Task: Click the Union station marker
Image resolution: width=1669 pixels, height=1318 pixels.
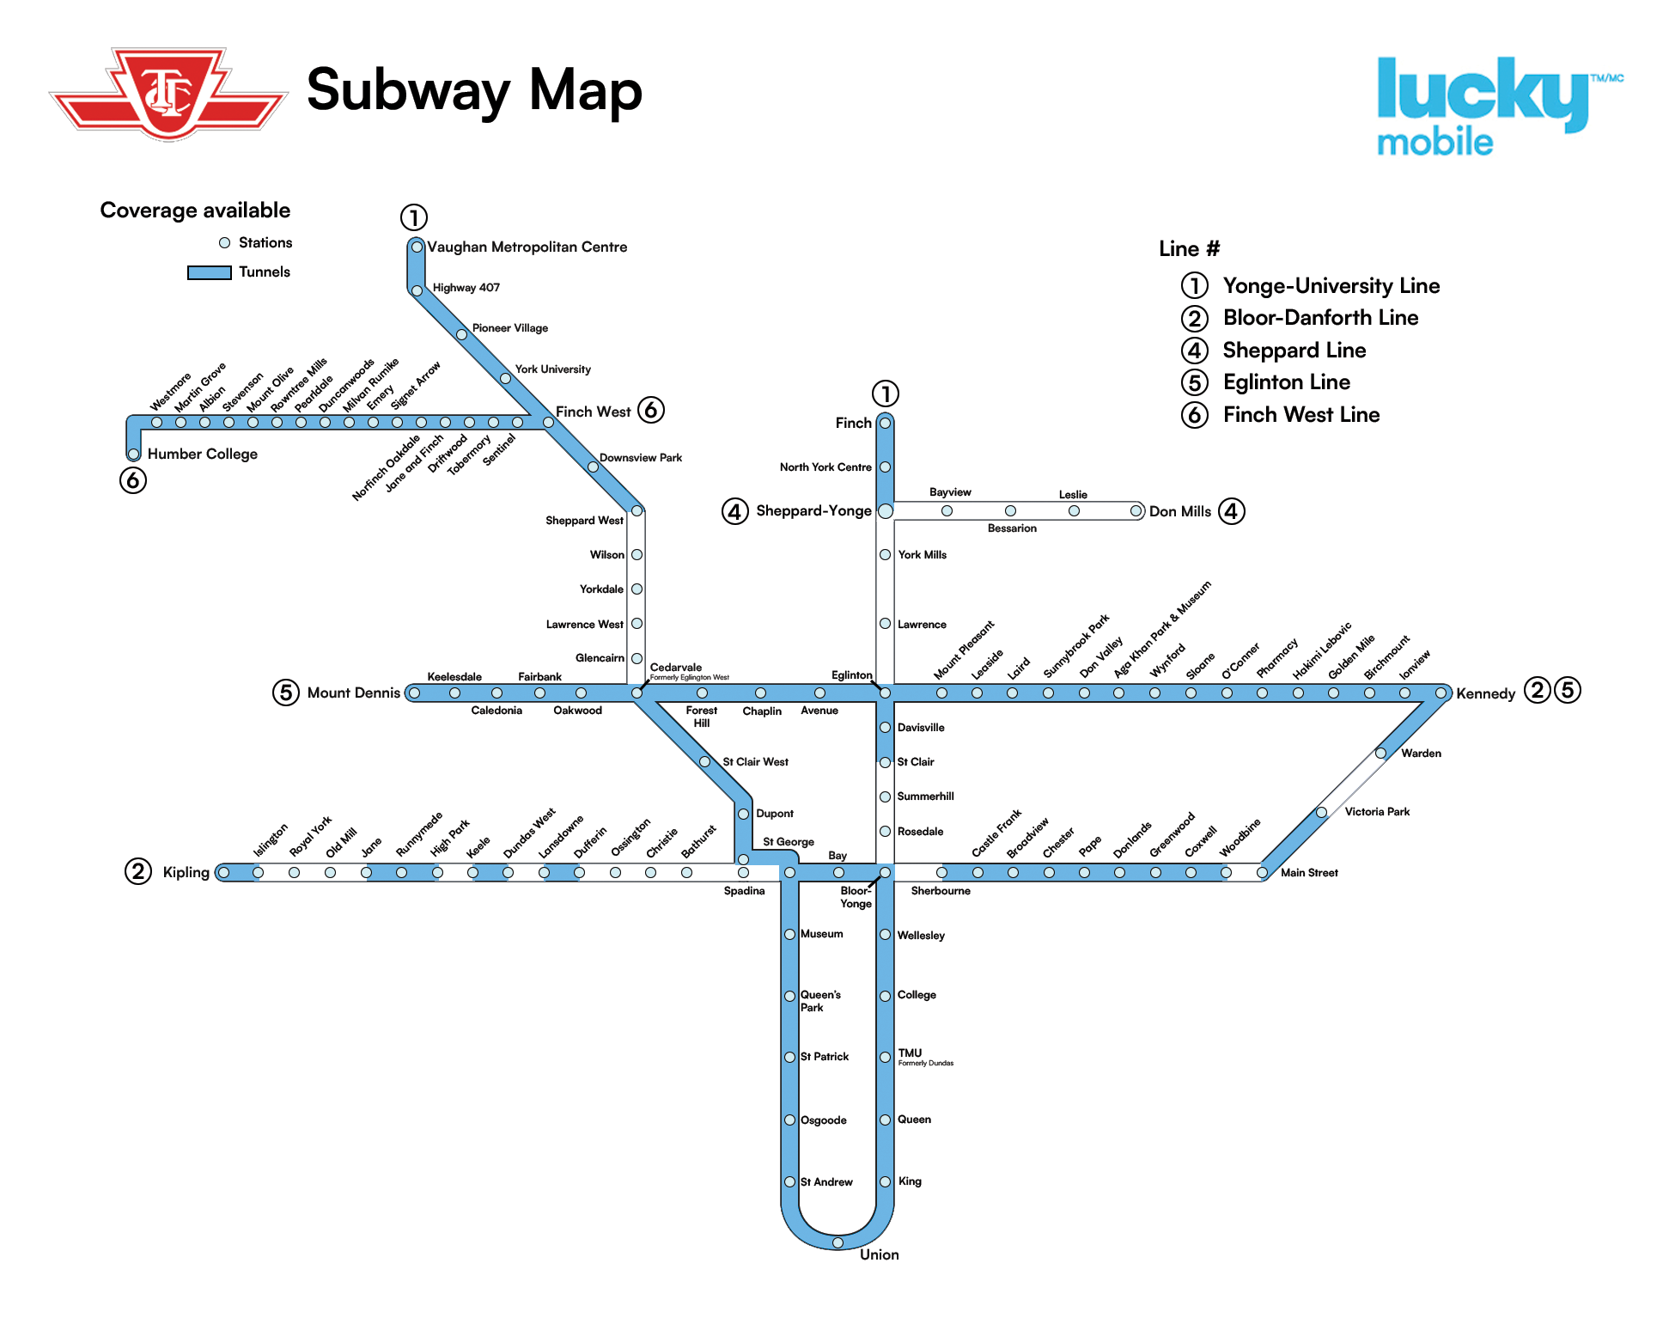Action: (838, 1242)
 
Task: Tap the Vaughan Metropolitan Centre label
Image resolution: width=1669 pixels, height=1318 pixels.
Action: (527, 247)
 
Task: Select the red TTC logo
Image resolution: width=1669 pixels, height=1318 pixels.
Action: (168, 93)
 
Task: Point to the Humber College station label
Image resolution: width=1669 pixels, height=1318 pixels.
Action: (202, 454)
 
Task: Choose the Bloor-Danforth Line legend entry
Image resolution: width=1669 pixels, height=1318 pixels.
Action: (1319, 318)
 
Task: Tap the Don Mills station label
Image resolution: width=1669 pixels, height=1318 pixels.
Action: (1179, 511)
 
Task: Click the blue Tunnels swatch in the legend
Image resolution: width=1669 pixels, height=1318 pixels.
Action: (209, 272)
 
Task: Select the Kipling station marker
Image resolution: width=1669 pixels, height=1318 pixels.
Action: (223, 873)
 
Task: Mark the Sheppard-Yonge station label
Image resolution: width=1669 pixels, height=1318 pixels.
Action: (813, 511)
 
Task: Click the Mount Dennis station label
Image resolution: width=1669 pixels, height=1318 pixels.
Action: (353, 693)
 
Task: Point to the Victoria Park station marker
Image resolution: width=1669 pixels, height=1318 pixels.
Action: (1322, 812)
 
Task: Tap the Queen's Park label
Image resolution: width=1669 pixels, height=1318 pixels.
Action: (819, 1001)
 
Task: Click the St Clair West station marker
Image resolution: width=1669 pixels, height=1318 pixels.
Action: (704, 762)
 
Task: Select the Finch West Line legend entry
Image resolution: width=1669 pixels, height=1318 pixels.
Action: (1300, 415)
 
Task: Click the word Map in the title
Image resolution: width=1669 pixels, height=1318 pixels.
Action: (585, 90)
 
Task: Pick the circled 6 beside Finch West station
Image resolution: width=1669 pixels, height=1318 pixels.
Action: (651, 410)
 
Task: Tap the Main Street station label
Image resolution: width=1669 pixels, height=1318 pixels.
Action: (1308, 873)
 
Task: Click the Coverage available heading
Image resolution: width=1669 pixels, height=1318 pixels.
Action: (195, 211)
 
